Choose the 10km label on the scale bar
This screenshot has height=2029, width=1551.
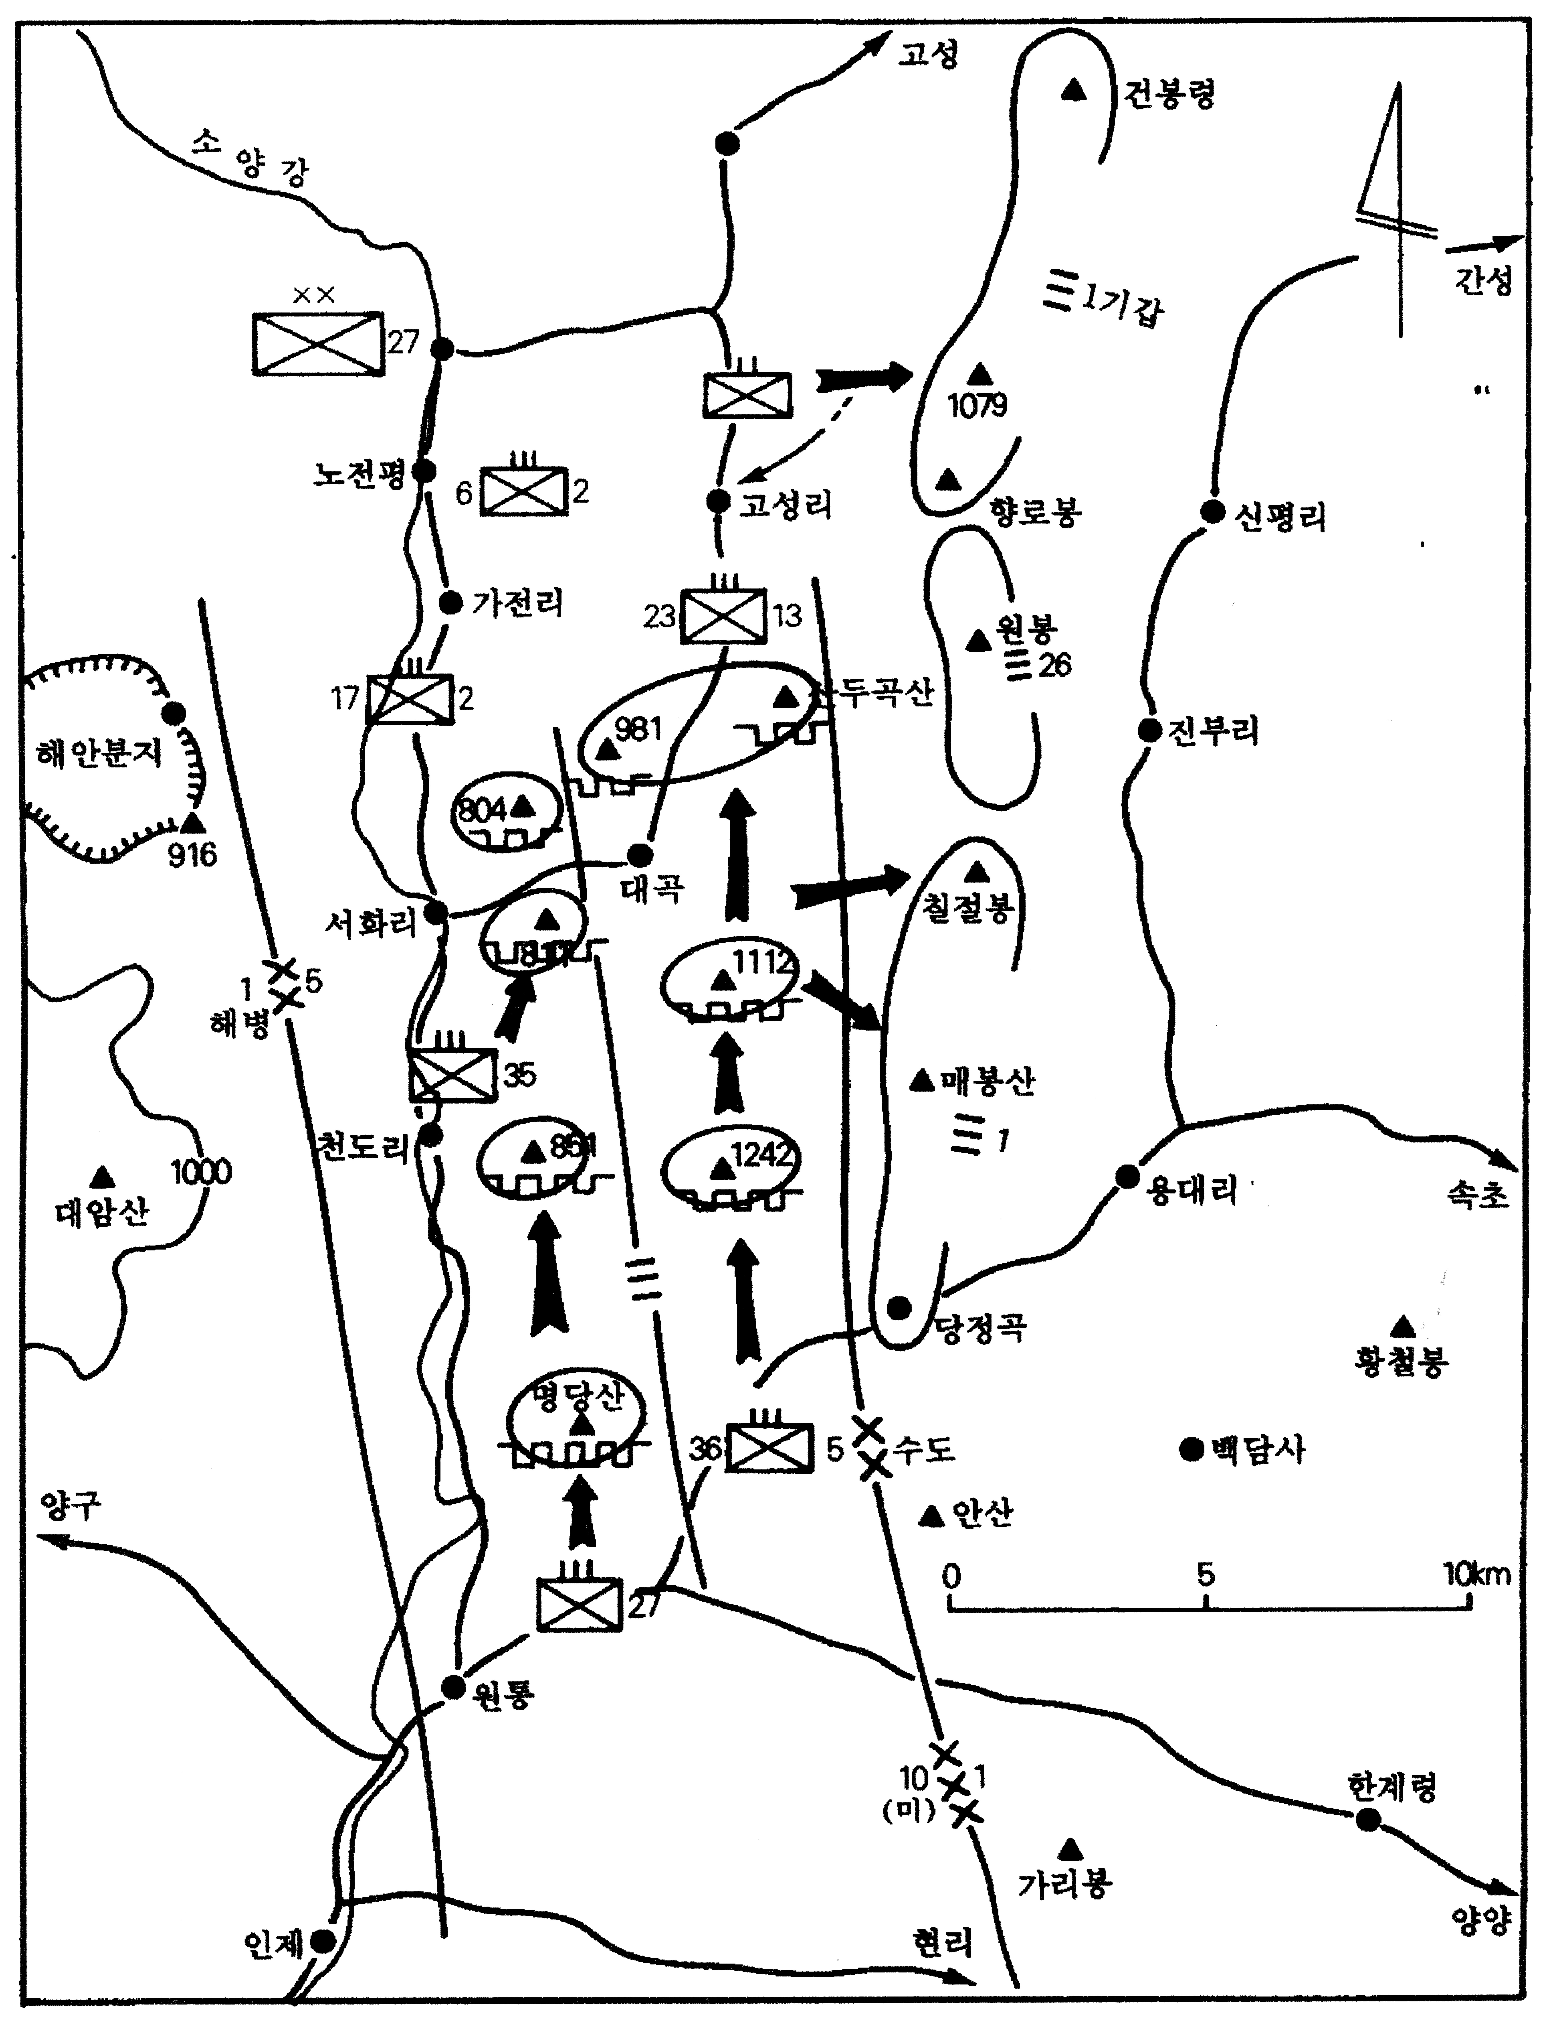pos(1477,1574)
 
